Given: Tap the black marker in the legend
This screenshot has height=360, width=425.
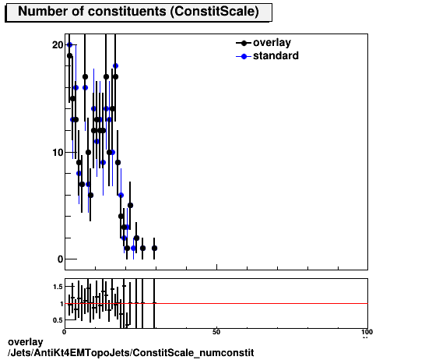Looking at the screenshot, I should (x=244, y=43).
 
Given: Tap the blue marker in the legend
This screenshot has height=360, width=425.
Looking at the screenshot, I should (x=244, y=56).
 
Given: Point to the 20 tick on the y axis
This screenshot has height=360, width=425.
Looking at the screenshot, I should (x=57, y=45).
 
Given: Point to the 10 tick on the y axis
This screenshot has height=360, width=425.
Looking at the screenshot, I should (x=57, y=152).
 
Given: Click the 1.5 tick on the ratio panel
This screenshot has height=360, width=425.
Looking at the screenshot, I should (x=58, y=287).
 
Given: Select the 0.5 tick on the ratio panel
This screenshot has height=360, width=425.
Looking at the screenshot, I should (x=58, y=319).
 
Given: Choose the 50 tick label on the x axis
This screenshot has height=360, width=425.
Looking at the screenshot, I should (x=216, y=333).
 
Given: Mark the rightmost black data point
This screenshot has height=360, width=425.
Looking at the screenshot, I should (x=154, y=248).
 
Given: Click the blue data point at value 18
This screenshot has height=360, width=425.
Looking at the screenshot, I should (x=115, y=66).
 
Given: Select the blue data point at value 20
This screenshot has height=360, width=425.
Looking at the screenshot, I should (x=69, y=45).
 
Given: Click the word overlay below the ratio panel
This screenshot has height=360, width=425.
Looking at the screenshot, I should (x=23, y=342).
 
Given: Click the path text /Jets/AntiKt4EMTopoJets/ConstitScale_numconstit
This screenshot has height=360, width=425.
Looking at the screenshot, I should (x=130, y=353).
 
